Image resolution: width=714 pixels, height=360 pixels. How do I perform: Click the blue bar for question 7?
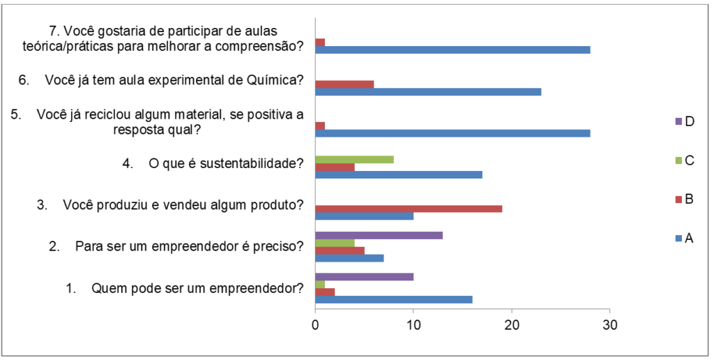pyautogui.click(x=453, y=50)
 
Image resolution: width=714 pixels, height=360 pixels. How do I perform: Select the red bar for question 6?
pyautogui.click(x=344, y=84)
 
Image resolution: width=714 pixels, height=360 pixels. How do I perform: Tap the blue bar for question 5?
pyautogui.click(x=453, y=133)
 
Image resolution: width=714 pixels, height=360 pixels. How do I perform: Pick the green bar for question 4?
pyautogui.click(x=354, y=159)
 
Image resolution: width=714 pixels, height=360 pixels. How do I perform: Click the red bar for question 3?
pyautogui.click(x=409, y=209)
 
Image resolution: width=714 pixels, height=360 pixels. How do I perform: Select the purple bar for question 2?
pyautogui.click(x=379, y=235)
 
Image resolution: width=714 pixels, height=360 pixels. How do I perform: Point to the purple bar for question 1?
pyautogui.click(x=364, y=277)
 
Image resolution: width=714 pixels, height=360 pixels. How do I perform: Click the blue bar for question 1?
pyautogui.click(x=393, y=300)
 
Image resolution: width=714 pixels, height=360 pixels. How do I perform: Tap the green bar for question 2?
pyautogui.click(x=335, y=243)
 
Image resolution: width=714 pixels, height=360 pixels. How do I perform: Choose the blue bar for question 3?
pyautogui.click(x=364, y=216)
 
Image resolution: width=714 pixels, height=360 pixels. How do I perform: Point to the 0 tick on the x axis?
pyautogui.click(x=315, y=324)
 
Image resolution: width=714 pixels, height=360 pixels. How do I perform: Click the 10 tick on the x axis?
pyautogui.click(x=413, y=324)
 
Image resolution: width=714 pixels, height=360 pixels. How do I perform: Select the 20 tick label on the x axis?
pyautogui.click(x=512, y=324)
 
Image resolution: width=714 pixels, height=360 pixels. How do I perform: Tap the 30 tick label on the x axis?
pyautogui.click(x=610, y=324)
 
